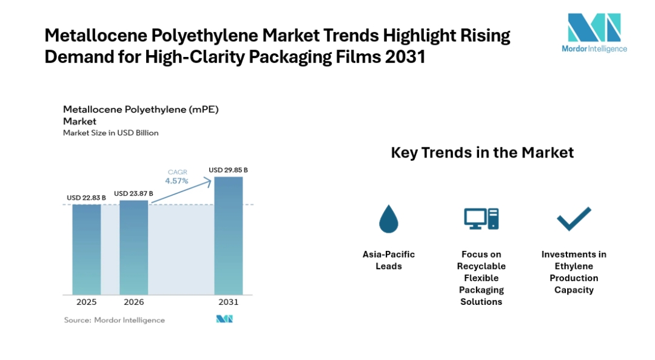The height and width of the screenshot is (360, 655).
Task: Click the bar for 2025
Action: [87, 249]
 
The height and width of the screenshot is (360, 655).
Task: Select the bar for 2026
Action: [133, 248]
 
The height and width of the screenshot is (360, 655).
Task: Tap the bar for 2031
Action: [229, 236]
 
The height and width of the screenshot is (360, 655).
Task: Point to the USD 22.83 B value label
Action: [86, 198]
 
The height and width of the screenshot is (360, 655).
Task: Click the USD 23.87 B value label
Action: [133, 193]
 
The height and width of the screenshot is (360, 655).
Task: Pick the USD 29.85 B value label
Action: [228, 170]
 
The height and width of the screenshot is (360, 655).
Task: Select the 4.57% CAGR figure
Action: [176, 181]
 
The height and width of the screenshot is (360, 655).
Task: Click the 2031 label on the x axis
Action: [229, 302]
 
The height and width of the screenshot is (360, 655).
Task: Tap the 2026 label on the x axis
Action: [133, 302]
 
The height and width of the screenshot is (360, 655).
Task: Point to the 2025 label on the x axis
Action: [87, 302]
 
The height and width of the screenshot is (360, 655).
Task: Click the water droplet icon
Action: [389, 219]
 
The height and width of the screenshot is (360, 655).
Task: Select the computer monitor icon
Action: [481, 218]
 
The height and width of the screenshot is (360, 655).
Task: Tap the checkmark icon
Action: [574, 219]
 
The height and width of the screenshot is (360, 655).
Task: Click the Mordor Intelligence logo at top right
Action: [594, 33]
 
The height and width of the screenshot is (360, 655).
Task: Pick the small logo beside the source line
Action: [224, 319]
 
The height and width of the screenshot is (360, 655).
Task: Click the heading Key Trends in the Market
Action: [482, 153]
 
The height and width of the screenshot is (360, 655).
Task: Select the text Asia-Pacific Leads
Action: [389, 260]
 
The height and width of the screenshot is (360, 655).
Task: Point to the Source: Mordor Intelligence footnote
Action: [114, 320]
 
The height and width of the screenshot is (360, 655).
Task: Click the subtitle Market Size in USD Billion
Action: [111, 133]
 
